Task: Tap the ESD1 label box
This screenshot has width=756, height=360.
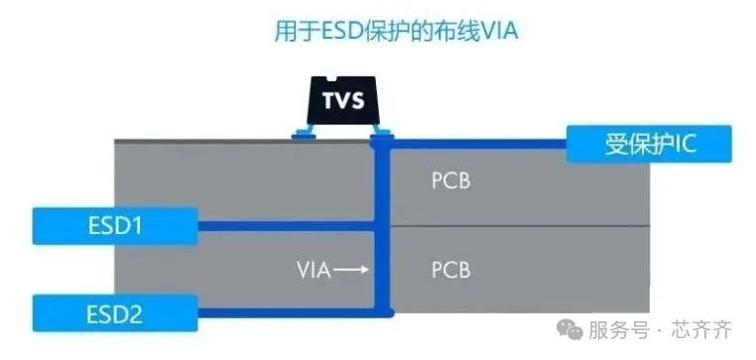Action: point(115,226)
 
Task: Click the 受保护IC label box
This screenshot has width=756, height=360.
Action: point(650,144)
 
